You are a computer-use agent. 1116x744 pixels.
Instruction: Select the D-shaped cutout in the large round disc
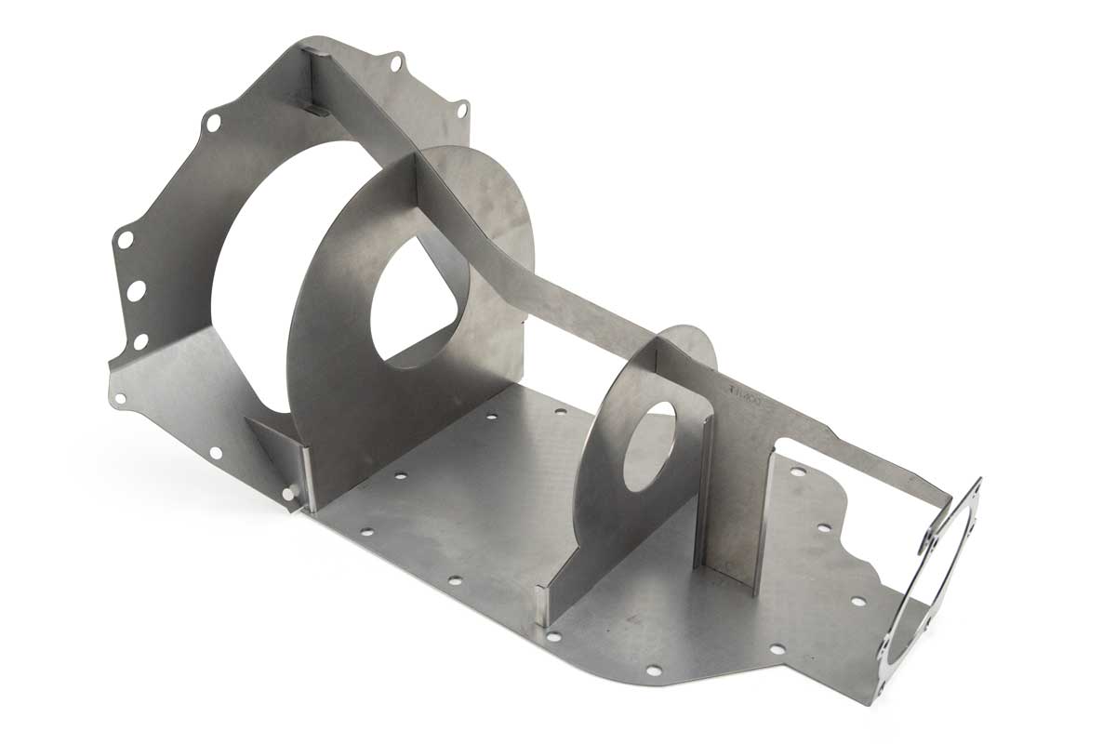point(418,307)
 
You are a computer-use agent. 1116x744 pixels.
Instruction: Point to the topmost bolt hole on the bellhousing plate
point(397,63)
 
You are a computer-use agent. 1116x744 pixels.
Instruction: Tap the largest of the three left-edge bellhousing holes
point(136,290)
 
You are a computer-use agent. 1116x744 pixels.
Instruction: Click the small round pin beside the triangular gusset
point(293,489)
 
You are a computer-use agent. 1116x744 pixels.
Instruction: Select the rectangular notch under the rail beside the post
point(790,446)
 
